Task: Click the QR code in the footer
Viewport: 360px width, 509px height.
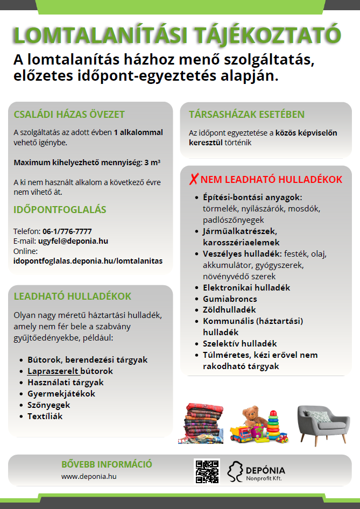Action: coord(207,471)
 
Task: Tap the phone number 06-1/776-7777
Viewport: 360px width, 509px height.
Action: coord(67,231)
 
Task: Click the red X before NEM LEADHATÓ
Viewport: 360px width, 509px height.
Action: coord(194,179)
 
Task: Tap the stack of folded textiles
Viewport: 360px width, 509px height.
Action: coord(200,423)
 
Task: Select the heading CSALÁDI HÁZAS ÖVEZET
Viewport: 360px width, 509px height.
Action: coord(69,114)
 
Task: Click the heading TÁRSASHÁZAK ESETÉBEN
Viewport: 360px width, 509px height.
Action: coord(246,114)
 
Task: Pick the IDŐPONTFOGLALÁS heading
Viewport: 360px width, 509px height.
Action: coord(60,210)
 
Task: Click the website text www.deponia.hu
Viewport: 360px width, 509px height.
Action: coord(89,476)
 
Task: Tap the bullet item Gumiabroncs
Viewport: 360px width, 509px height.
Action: coord(230,299)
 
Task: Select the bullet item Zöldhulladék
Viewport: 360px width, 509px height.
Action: coord(229,310)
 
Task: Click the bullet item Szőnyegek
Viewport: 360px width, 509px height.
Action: coord(49,405)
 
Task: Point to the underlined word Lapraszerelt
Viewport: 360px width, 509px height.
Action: coord(53,371)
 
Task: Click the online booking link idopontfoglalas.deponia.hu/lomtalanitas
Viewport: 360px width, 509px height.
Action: coord(88,261)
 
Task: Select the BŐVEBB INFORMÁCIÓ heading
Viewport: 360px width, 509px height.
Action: coord(107,464)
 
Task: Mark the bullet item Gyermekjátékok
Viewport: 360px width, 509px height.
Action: coord(61,394)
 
